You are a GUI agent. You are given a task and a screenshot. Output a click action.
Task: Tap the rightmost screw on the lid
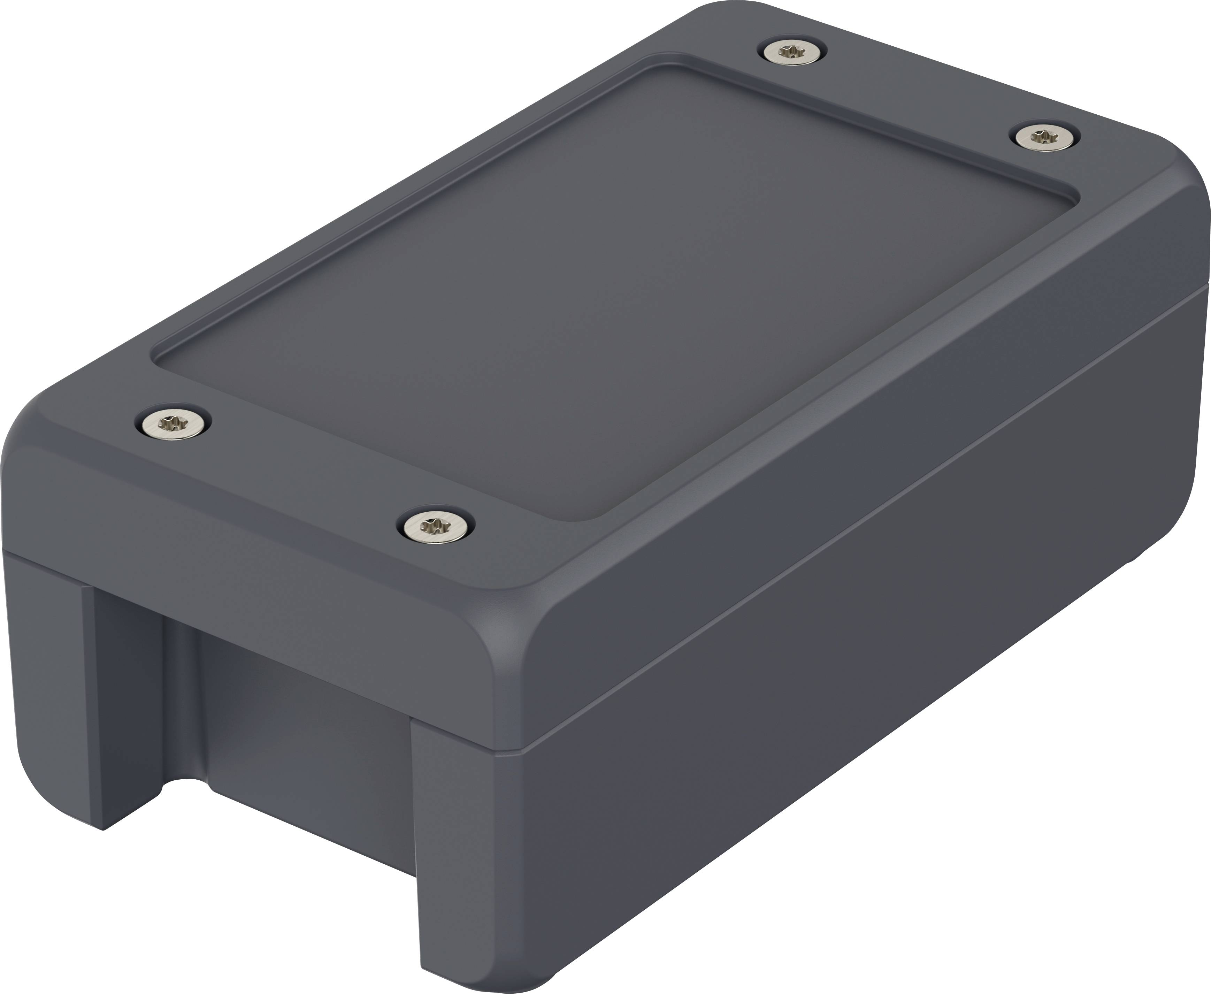point(1040,137)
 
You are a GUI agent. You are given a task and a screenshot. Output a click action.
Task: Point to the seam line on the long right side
point(859,550)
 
